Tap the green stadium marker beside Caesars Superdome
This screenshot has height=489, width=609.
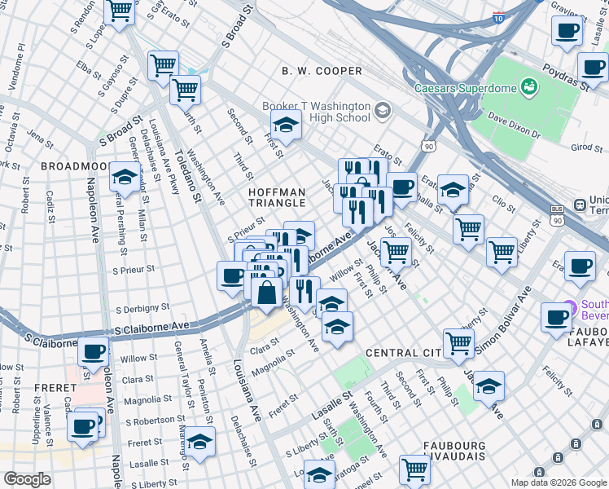530,86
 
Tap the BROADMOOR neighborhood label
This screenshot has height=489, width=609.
74,165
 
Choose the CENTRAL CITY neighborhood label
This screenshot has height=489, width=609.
403,353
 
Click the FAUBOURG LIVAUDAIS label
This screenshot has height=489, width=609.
466,453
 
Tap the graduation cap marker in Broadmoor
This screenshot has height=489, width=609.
125,176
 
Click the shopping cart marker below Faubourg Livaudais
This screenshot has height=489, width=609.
415,469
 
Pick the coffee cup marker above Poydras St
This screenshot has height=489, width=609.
566,32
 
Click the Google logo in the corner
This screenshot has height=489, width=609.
27,479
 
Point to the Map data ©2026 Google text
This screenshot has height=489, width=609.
558,482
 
